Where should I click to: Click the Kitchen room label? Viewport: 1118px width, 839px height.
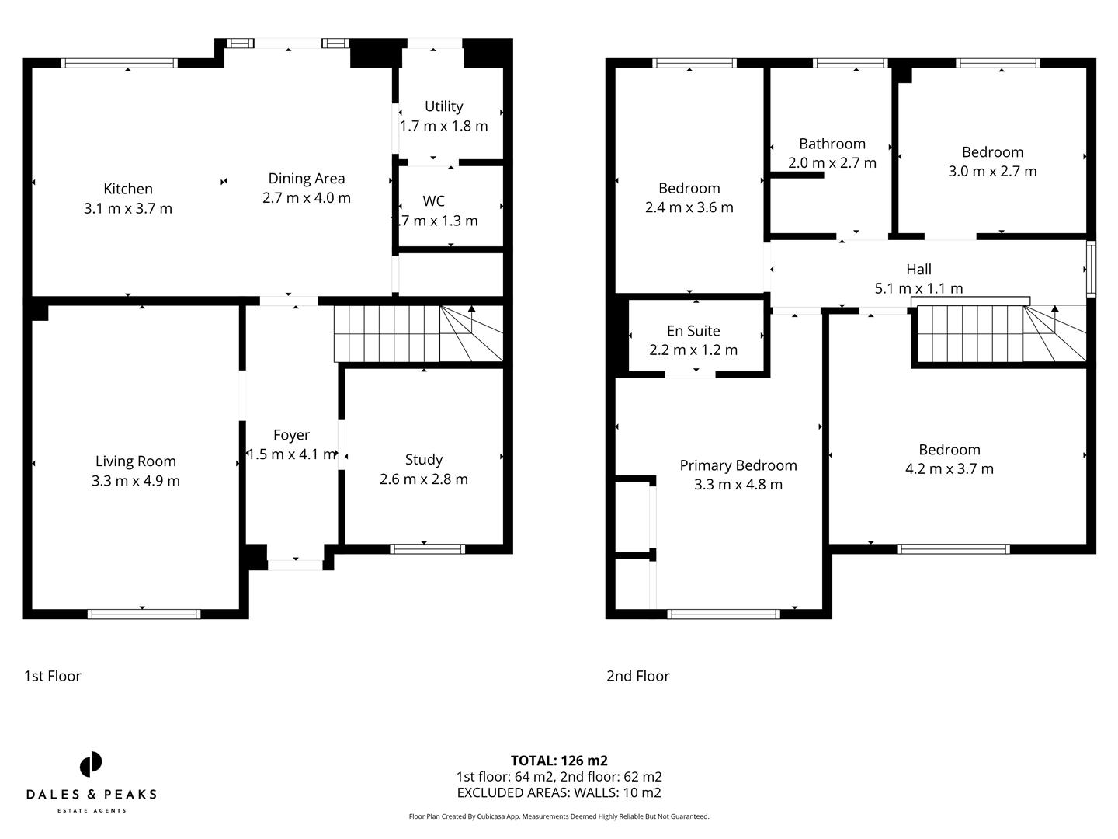(128, 189)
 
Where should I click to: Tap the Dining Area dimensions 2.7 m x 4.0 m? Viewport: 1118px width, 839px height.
(307, 198)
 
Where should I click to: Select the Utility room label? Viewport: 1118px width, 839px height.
(443, 106)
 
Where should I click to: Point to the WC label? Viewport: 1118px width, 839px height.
(433, 201)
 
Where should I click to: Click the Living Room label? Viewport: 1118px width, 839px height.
(136, 461)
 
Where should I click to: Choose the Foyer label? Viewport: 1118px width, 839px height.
(291, 435)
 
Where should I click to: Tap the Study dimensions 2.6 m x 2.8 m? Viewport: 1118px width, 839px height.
(424, 479)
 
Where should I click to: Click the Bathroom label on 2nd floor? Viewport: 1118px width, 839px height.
(832, 144)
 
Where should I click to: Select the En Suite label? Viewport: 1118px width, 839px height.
(693, 331)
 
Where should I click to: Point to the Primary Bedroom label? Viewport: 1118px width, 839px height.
(738, 465)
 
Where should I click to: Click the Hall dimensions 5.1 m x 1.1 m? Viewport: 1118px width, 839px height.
(918, 288)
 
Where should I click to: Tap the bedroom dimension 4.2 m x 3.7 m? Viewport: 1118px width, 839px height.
(949, 469)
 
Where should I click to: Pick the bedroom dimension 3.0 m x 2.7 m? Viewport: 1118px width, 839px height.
(992, 172)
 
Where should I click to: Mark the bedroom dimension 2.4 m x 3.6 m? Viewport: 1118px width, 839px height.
(689, 207)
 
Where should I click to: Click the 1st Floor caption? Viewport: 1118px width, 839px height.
(53, 676)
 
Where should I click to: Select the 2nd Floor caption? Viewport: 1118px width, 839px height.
(637, 676)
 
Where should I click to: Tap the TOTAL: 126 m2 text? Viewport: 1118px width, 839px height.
(559, 761)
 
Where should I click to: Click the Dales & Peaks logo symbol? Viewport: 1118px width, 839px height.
(91, 764)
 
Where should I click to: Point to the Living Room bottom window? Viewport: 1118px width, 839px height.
(144, 614)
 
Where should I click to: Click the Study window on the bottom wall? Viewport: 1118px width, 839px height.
(428, 548)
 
